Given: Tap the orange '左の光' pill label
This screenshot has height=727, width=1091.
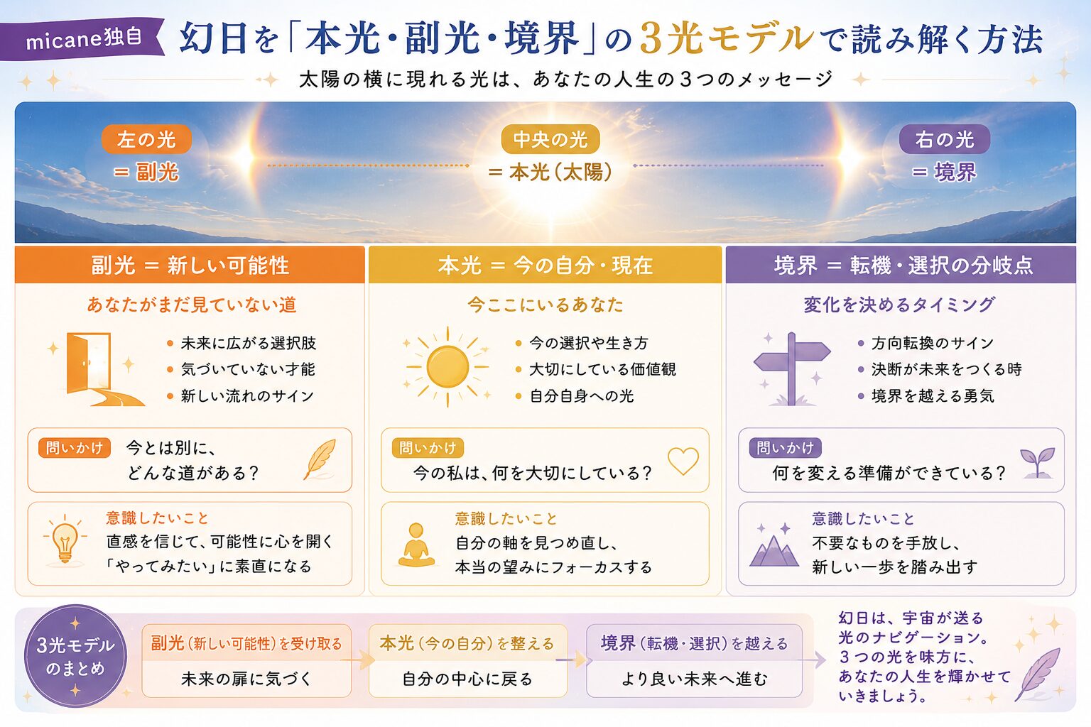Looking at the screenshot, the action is pyautogui.click(x=146, y=140).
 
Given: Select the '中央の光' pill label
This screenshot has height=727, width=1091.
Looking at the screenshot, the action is pyautogui.click(x=550, y=140).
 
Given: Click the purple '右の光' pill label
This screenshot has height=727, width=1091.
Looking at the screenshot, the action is pyautogui.click(x=945, y=139).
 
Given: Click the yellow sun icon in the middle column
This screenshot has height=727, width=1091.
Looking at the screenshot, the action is pyautogui.click(x=447, y=367).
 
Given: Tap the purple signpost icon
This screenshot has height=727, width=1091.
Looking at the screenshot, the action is pyautogui.click(x=792, y=369).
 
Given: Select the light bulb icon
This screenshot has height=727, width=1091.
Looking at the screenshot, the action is pyautogui.click(x=65, y=540).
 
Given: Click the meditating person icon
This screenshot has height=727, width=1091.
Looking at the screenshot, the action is pyautogui.click(x=416, y=545).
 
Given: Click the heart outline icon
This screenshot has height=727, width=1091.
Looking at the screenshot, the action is pyautogui.click(x=683, y=460).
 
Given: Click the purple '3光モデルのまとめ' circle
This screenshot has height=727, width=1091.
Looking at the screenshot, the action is pyautogui.click(x=75, y=656).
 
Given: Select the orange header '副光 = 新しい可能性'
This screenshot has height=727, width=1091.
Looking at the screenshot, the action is pyautogui.click(x=190, y=265).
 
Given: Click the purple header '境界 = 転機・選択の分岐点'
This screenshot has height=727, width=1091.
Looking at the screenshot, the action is pyautogui.click(x=901, y=265).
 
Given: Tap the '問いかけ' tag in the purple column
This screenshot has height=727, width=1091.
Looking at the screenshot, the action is pyautogui.click(x=785, y=447).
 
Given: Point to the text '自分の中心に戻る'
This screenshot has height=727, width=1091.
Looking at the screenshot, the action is pyautogui.click(x=467, y=679).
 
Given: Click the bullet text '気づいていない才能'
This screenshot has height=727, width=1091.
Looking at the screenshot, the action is pyautogui.click(x=248, y=369).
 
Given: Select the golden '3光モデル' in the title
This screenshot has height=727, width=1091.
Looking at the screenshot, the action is pyautogui.click(x=727, y=38).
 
